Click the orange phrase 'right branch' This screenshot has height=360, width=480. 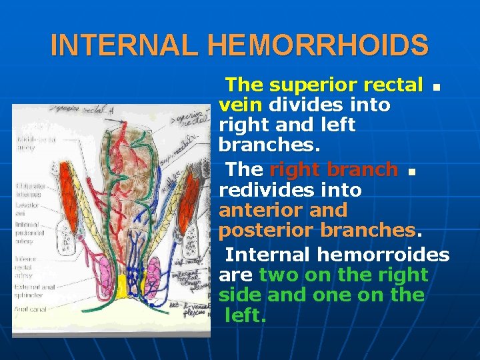click(x=333, y=169)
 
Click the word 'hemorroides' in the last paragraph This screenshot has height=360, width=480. click(x=383, y=254)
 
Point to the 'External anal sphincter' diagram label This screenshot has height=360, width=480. click(x=33, y=291)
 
